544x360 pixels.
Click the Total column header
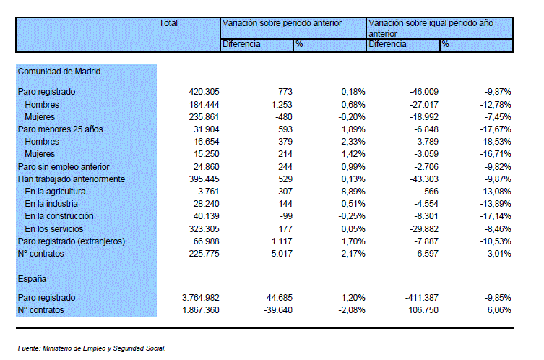168,23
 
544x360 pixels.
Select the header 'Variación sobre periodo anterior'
282,23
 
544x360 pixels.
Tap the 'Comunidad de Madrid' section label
59,71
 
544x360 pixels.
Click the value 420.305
204,92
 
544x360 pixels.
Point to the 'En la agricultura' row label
55,192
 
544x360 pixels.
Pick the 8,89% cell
353,192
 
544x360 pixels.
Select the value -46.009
424,92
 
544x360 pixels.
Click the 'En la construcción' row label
59,216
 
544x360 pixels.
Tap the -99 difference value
286,216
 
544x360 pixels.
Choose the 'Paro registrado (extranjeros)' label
72,241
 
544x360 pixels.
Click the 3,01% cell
499,254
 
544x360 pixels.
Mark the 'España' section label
32,279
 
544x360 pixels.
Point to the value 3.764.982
201,298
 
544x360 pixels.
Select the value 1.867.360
201,309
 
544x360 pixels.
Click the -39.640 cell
278,309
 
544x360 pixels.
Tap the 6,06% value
499,309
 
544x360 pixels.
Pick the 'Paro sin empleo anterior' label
64,167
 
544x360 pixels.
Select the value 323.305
204,228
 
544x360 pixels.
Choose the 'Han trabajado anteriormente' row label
72,179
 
